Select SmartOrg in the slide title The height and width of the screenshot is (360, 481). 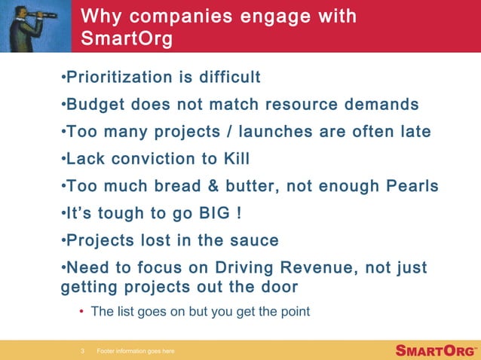[x=126, y=38]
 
